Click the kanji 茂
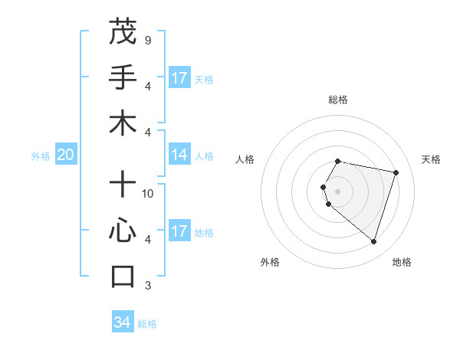coord(123,31)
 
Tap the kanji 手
coord(123,77)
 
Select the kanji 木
coord(123,123)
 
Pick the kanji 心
coord(123,231)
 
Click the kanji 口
coord(123,277)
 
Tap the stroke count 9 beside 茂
coord(147,40)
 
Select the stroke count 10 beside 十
coord(148,194)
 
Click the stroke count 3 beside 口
coord(147,286)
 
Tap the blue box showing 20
coord(65,155)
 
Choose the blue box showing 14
coord(179,155)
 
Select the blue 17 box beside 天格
coord(179,78)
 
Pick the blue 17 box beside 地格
coord(179,231)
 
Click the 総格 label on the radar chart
coord(337,100)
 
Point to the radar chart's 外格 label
coord(270,262)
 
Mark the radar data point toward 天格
coord(396,173)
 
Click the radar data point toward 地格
coord(373,241)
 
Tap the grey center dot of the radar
coord(337,191)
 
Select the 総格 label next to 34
coord(147,324)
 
